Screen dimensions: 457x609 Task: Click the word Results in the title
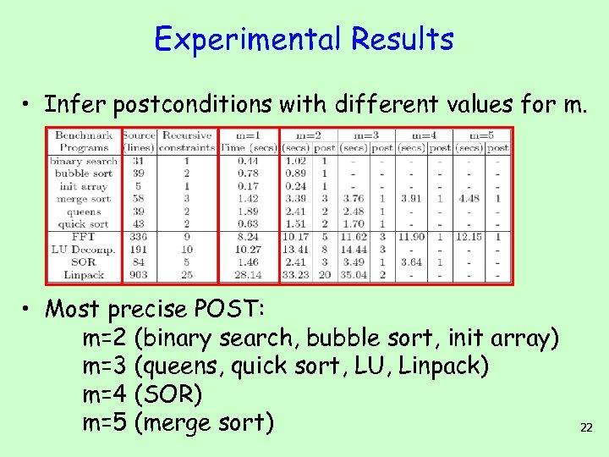[x=403, y=39]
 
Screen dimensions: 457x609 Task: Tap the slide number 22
[x=586, y=428]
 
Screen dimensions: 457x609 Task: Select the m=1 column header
[x=248, y=135]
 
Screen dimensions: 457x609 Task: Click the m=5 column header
[x=483, y=135]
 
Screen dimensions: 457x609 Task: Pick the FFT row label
[x=83, y=238]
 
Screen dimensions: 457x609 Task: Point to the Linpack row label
[x=83, y=274]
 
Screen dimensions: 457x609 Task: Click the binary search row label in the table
[x=83, y=161]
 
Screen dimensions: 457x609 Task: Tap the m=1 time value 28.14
[x=248, y=274]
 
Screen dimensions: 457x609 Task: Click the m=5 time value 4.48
[x=469, y=199]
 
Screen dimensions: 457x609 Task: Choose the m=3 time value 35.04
[x=353, y=274]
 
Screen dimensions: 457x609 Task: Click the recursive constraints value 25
[x=187, y=274]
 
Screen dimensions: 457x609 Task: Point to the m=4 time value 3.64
[x=411, y=262]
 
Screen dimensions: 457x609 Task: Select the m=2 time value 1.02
[x=296, y=161]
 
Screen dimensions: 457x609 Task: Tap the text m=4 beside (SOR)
[x=106, y=395]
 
